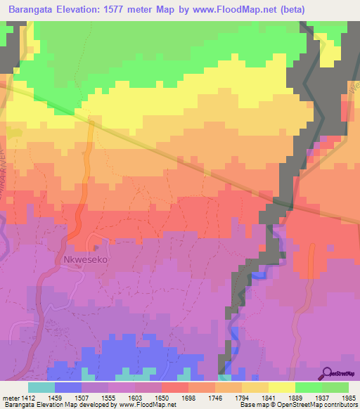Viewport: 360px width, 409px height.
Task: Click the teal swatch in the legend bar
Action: click(41, 387)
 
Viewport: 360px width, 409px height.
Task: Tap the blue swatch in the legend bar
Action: click(67, 387)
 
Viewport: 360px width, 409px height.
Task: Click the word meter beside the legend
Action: click(10, 398)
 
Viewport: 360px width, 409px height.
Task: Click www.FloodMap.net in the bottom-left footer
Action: click(141, 405)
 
